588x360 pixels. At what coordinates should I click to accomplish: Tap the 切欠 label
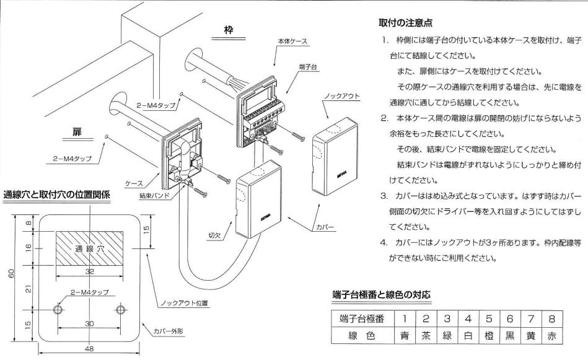(x=214, y=235)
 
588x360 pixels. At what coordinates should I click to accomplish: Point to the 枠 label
(x=228, y=30)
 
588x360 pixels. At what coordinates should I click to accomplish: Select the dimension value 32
(x=89, y=271)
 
